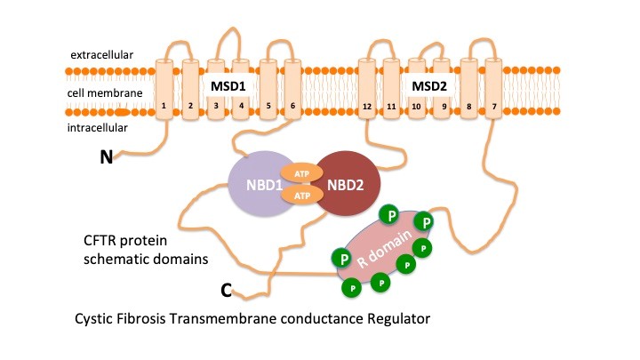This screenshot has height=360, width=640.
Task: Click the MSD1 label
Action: click(x=228, y=86)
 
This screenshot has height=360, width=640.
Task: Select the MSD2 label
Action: click(x=429, y=86)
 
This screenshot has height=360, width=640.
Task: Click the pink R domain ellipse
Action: click(x=382, y=252)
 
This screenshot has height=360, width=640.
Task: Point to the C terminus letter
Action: click(x=228, y=291)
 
